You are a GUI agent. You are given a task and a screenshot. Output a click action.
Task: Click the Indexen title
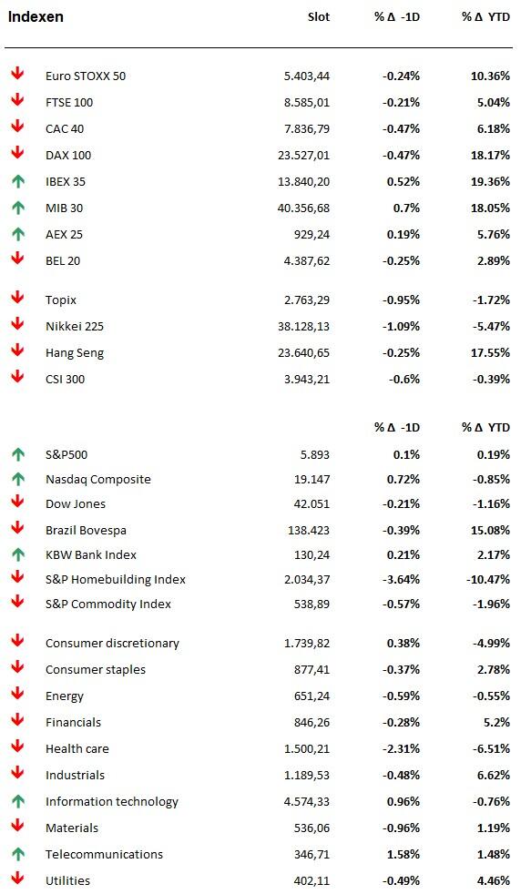36,16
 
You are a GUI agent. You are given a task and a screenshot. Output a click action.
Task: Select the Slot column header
319,16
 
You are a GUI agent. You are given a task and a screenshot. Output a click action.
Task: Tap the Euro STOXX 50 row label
86,76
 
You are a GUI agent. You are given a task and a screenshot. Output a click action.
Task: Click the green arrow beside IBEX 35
18,181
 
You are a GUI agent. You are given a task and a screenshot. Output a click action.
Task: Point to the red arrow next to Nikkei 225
18,324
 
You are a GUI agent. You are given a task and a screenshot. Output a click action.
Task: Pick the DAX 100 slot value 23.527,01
303,155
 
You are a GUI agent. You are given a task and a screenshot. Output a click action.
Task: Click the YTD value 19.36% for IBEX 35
490,181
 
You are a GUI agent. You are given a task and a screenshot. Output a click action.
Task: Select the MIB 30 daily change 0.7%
406,208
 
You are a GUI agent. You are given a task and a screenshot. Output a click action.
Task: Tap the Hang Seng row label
75,353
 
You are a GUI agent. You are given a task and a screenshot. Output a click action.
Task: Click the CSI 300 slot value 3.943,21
307,379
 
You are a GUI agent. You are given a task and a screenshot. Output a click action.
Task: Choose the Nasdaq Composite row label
98,480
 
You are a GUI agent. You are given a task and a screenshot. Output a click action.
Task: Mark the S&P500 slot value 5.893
315,454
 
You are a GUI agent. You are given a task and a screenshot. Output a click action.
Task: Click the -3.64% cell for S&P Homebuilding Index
401,579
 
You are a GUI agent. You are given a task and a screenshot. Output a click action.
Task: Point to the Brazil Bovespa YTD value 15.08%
490,530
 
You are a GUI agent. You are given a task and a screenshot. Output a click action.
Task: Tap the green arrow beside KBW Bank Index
18,554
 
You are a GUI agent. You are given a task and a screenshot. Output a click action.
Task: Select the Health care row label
77,748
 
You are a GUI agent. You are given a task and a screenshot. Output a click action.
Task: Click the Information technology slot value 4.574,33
307,802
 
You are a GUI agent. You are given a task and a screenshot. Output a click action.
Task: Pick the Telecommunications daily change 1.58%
404,854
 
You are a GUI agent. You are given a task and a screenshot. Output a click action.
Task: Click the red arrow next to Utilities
18,879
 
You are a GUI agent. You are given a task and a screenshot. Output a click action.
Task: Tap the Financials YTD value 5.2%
497,722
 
